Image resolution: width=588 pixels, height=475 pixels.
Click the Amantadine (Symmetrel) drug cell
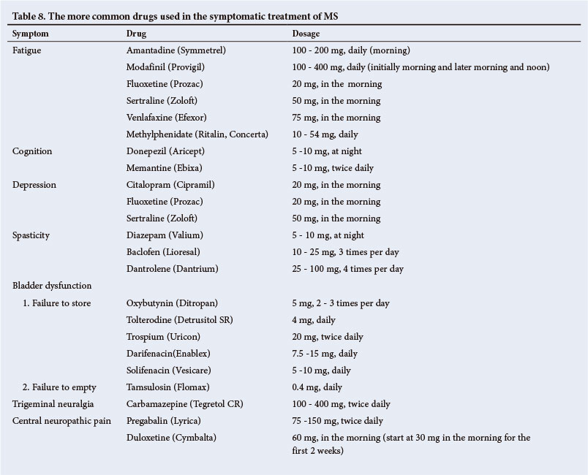(176, 50)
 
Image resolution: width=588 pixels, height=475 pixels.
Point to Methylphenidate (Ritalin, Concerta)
(197, 134)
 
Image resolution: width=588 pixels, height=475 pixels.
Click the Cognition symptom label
(33, 151)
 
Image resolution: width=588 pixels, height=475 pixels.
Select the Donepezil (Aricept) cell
(165, 151)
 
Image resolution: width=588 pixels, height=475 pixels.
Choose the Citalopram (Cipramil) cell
(171, 185)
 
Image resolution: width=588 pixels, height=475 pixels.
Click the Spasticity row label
(32, 235)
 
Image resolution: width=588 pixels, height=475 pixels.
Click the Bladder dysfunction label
(52, 286)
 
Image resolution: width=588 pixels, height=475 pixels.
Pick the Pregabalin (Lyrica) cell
(162, 421)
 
